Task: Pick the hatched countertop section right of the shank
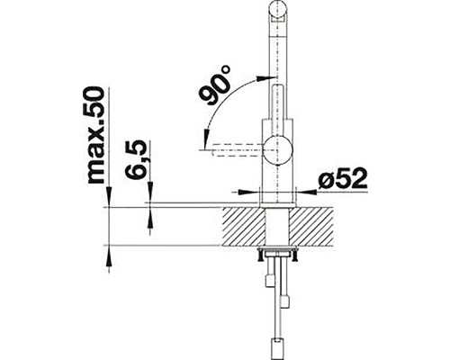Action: click(315, 226)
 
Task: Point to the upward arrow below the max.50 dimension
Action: click(108, 256)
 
